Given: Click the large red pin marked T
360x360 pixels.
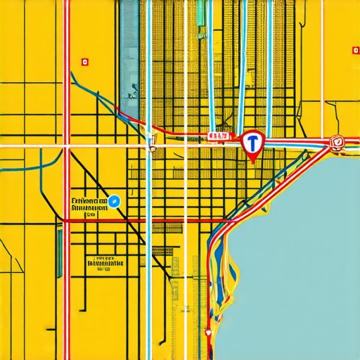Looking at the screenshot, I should coord(251,143).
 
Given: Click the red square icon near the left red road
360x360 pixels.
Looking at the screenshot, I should coord(85,62).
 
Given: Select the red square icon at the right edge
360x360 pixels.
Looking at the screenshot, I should coord(354,50).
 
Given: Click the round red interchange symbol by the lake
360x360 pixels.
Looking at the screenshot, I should coord(337,142).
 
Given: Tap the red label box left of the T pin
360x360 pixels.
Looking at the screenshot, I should coord(219,135).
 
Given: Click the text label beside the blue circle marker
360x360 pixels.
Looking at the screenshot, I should coord(89,204).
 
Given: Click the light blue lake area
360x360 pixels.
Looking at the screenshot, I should coord(302,260).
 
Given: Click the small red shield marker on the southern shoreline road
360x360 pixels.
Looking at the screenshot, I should coord(208,330).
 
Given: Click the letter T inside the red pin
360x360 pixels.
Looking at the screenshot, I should coord(251,142).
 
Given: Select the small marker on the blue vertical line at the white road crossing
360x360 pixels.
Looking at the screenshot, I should coord(150,148).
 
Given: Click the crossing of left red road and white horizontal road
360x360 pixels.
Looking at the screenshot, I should coord(67,146).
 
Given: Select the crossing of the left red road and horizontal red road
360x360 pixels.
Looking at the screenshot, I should coord(67,221).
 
